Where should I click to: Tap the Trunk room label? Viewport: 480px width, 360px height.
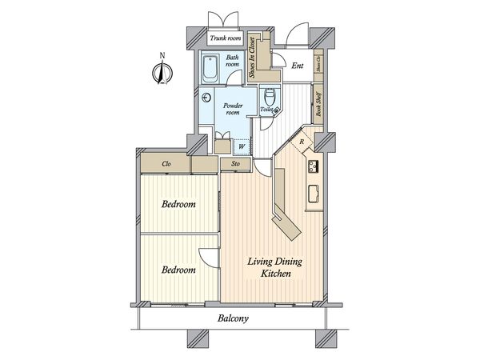pyautogui.click(x=226, y=38)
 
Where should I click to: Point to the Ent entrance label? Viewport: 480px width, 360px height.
pyautogui.click(x=297, y=66)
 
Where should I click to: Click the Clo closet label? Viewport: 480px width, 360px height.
pyautogui.click(x=167, y=164)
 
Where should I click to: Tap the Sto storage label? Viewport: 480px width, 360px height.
pyautogui.click(x=236, y=164)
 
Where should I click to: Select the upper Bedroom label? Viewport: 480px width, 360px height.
pyautogui.click(x=178, y=205)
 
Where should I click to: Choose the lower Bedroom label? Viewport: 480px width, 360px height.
pyautogui.click(x=178, y=270)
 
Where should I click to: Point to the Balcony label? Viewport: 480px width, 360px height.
pyautogui.click(x=233, y=319)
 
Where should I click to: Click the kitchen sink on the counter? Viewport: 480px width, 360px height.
pyautogui.click(x=314, y=194)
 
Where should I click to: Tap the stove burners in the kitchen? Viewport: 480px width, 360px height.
pyautogui.click(x=314, y=167)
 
